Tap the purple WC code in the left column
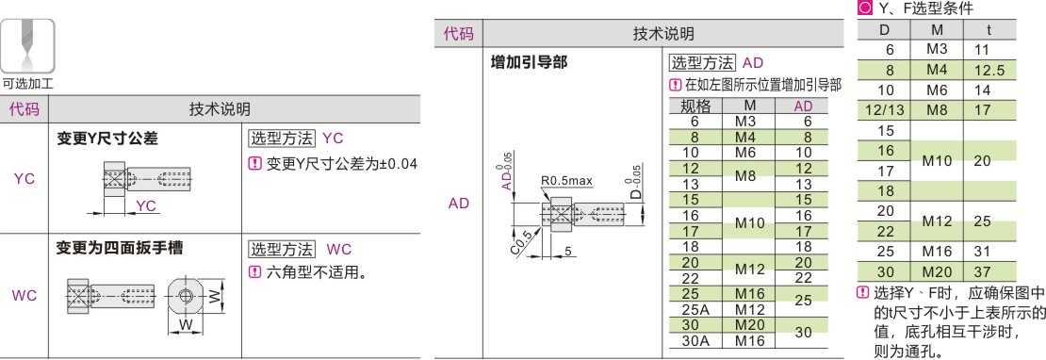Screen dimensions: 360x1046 pyautogui.click(x=25, y=296)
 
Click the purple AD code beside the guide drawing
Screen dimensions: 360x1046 pyautogui.click(x=459, y=204)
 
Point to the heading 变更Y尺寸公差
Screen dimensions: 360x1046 pyautogui.click(x=107, y=139)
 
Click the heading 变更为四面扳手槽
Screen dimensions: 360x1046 pyautogui.click(x=120, y=249)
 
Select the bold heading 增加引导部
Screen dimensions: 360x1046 pyautogui.click(x=534, y=64)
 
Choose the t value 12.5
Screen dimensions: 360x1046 pyautogui.click(x=989, y=69)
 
